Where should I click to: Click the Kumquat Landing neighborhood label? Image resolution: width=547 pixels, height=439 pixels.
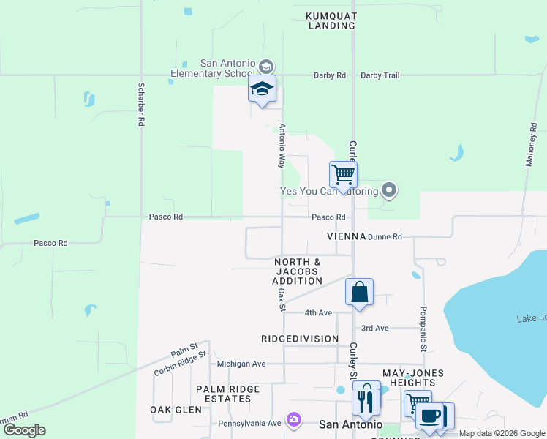click(x=331, y=20)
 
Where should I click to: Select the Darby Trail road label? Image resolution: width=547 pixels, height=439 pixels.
click(x=380, y=75)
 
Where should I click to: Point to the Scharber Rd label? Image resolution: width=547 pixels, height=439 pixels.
click(x=140, y=105)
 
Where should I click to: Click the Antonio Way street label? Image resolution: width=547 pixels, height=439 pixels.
click(x=282, y=146)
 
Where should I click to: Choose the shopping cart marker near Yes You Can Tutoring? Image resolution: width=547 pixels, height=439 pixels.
click(x=343, y=175)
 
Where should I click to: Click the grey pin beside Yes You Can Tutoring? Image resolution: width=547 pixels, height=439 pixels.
click(x=390, y=192)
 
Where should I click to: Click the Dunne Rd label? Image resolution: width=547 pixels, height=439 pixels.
click(x=385, y=237)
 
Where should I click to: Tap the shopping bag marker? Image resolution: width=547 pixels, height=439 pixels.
click(x=360, y=292)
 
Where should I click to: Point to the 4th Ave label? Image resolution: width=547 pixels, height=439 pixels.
click(x=318, y=312)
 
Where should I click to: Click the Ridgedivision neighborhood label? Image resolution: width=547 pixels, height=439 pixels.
click(x=300, y=339)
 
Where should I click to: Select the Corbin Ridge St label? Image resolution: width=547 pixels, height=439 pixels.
click(x=180, y=362)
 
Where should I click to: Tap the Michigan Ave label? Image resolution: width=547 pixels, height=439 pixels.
click(x=241, y=364)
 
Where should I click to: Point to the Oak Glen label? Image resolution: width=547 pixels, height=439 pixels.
click(x=176, y=410)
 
